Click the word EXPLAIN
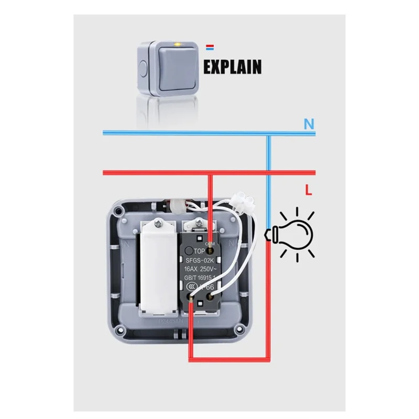(x=232, y=67)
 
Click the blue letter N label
(x=309, y=124)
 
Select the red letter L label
(x=308, y=192)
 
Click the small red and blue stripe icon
(x=211, y=48)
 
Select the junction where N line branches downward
(x=268, y=134)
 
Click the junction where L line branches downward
(x=211, y=173)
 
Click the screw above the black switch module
(x=200, y=226)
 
